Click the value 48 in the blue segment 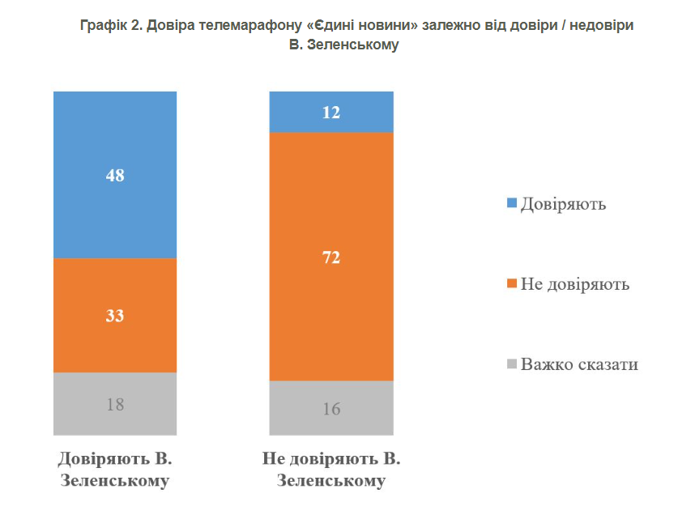click(x=115, y=175)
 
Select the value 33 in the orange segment click(x=115, y=316)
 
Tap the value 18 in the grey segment click(x=115, y=404)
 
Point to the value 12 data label click(x=330, y=113)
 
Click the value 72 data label click(x=330, y=258)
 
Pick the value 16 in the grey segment click(x=330, y=409)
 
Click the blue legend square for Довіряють click(x=511, y=203)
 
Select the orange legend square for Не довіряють click(x=511, y=284)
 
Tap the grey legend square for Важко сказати click(x=511, y=364)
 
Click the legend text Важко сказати click(x=580, y=364)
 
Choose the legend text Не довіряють click(x=575, y=284)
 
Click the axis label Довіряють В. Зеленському click(x=115, y=470)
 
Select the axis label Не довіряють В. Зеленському click(x=330, y=470)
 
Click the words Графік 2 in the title click(x=111, y=26)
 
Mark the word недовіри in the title click(x=599, y=26)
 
